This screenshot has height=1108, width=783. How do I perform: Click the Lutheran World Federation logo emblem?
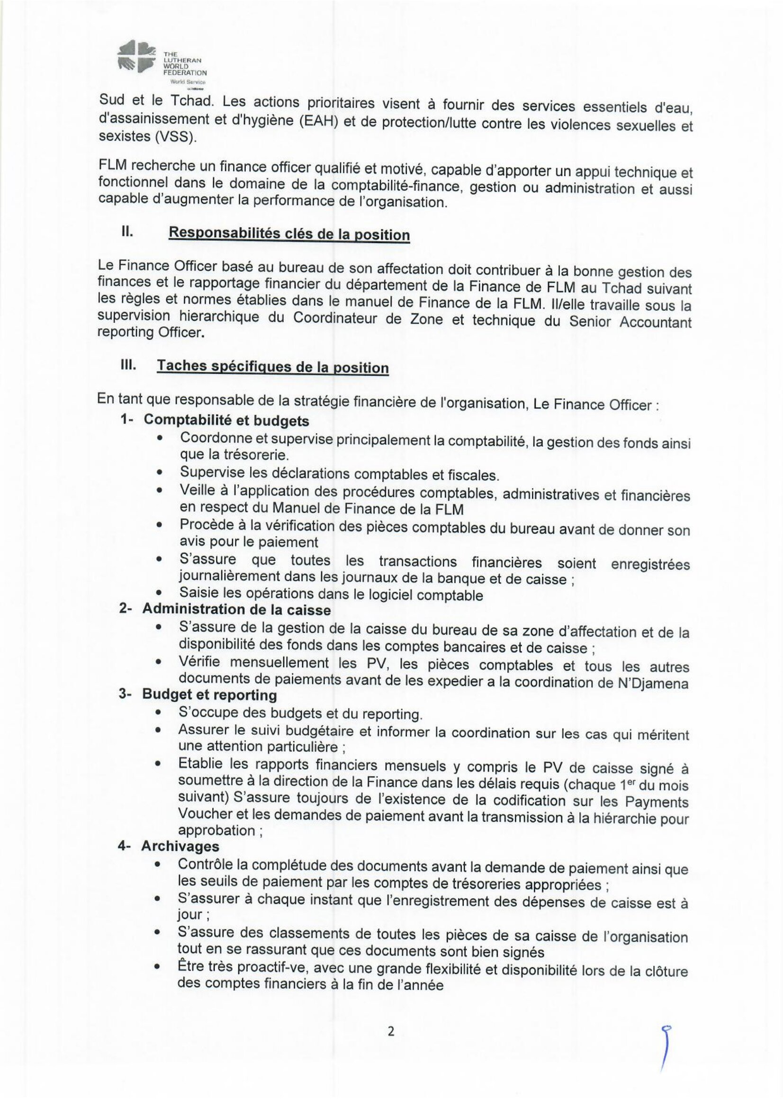pos(137,56)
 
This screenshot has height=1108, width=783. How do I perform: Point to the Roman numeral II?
pos(127,231)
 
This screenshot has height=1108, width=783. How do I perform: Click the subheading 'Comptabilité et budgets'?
pos(226,420)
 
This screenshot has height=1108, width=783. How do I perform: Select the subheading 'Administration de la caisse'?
pos(236,610)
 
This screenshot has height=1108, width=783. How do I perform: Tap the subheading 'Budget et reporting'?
pos(209,695)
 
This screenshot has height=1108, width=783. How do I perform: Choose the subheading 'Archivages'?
pos(180,859)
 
